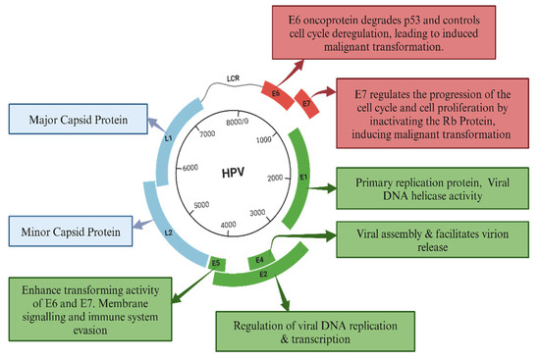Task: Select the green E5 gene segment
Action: (x=217, y=263)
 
